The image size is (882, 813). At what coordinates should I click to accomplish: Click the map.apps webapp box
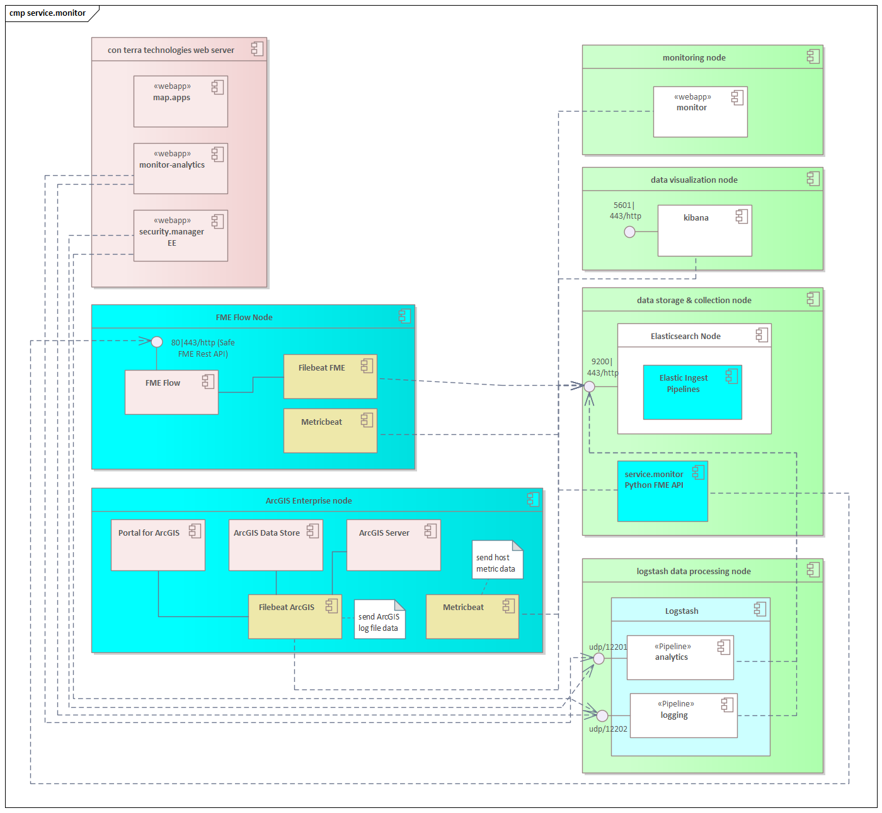coord(180,101)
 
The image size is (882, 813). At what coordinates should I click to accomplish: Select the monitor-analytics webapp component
coord(180,168)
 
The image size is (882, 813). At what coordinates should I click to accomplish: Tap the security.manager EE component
coord(180,235)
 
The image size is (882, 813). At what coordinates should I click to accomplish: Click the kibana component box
coord(704,231)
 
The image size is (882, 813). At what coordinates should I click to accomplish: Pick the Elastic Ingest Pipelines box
coord(692,392)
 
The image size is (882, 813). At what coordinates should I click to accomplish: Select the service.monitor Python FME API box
coord(662,491)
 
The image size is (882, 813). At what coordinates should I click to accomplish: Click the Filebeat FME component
coord(330,376)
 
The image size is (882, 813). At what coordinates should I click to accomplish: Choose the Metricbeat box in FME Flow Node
coord(330,431)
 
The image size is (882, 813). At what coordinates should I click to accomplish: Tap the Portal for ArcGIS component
coord(157,545)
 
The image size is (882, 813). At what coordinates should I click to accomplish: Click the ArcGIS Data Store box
coord(275,545)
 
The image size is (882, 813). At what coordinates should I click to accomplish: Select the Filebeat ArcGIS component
coord(295,616)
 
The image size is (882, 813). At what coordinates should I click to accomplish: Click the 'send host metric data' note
coord(496,560)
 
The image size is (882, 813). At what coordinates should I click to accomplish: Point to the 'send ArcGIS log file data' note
coord(379,620)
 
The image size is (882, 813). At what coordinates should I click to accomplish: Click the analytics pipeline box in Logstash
coord(680,657)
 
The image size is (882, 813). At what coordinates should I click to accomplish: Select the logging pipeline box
coord(683,715)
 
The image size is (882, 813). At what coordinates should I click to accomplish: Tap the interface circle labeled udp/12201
coord(599,659)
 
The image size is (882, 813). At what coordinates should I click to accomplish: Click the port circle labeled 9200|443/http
coord(589,386)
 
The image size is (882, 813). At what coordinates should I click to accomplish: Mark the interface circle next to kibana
coord(629,232)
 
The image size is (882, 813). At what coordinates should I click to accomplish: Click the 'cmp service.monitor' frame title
coord(48,13)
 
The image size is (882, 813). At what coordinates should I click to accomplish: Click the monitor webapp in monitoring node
coord(700,112)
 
